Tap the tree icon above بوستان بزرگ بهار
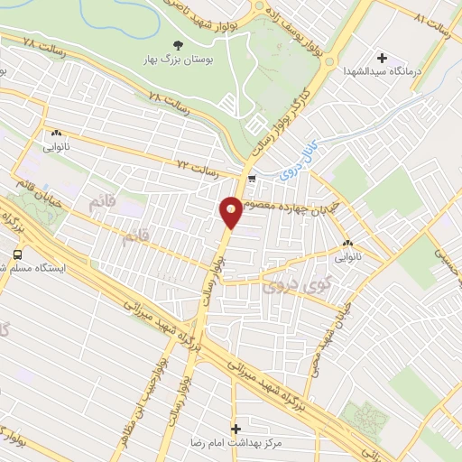tap(178, 44)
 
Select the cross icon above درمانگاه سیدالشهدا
tap(383, 57)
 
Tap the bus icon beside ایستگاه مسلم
tap(16, 254)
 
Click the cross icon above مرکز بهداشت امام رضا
tap(236, 429)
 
